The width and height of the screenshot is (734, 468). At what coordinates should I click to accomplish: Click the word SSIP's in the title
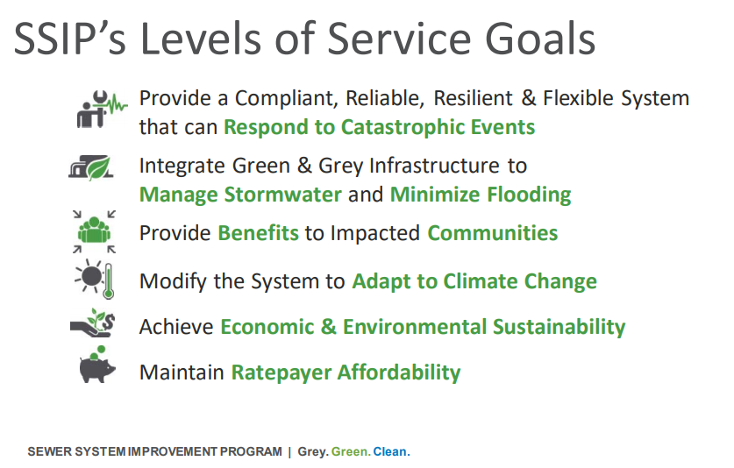70,39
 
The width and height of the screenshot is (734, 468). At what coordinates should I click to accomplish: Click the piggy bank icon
96,365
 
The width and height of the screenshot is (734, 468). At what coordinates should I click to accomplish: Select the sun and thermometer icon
95,279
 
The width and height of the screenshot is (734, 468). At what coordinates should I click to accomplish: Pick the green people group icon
94,231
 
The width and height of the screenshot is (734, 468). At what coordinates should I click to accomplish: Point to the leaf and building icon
91,167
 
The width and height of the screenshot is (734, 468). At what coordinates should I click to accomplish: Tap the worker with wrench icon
102,110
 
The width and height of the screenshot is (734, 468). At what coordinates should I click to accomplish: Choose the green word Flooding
525,195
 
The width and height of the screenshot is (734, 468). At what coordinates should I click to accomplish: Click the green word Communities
493,233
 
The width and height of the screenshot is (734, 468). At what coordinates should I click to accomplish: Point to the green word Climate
481,281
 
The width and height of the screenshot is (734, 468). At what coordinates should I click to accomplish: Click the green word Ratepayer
281,373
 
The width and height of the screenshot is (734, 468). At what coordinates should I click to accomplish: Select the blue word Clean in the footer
391,451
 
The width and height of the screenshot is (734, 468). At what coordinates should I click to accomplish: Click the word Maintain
182,372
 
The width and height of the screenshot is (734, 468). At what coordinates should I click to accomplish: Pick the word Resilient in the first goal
473,98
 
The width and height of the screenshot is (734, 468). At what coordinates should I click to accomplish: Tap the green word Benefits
258,233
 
